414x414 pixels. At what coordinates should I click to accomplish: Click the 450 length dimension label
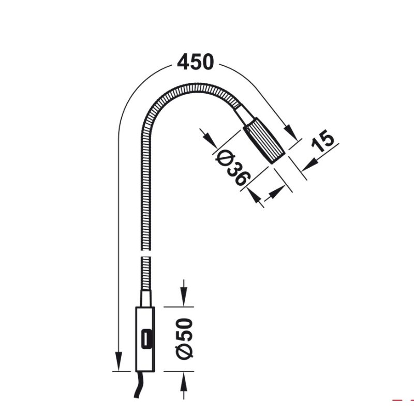[x=195, y=62]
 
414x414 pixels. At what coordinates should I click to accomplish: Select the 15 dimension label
[x=322, y=141]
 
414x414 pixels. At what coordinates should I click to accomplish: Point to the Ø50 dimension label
[x=184, y=339]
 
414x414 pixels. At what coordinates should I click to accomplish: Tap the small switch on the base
[x=146, y=339]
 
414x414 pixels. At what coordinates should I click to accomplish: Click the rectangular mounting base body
[x=145, y=339]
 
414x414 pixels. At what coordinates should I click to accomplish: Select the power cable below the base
[x=139, y=385]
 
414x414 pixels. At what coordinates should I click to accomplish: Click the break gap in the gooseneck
[x=145, y=253]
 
